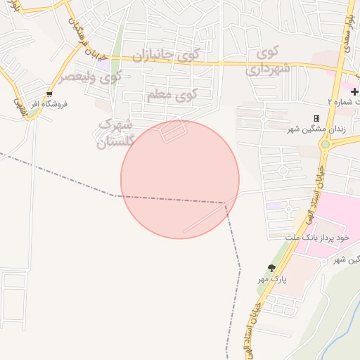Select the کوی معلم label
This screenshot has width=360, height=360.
[173, 94]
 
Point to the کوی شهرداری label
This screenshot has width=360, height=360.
[264, 60]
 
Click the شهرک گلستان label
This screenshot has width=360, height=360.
[115, 133]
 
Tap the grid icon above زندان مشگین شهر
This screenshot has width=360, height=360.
[316, 118]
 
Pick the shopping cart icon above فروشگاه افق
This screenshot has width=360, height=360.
[49, 94]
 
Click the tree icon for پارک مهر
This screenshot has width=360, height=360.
[271, 267]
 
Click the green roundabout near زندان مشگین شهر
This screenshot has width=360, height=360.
[325, 145]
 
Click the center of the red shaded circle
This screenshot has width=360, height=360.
[180, 179]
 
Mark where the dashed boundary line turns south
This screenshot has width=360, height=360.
[226, 204]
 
